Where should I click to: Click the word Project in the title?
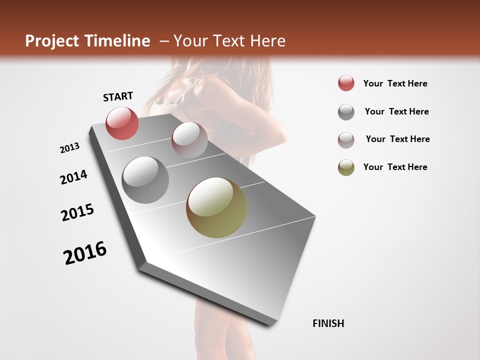[x=51, y=41]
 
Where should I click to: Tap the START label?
[x=118, y=96]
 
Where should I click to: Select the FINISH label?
[x=328, y=323]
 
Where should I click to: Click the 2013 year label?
[x=70, y=148]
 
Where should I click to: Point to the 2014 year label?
[x=73, y=177]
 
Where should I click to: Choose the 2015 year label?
[x=77, y=212]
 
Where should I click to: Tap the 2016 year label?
[x=85, y=253]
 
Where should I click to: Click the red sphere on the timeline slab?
[x=122, y=123]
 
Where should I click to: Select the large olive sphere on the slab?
[x=216, y=207]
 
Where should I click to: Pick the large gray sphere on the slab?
[x=145, y=180]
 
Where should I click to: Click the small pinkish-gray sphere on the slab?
[x=189, y=140]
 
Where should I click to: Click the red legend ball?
[x=346, y=83]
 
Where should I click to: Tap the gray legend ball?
[x=346, y=112]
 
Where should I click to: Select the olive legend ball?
[x=346, y=167]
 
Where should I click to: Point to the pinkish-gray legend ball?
[x=346, y=140]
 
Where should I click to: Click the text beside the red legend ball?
[x=395, y=83]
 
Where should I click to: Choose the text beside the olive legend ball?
[x=395, y=167]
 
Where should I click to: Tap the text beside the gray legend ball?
[x=396, y=111]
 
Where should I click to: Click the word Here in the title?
[x=267, y=41]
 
